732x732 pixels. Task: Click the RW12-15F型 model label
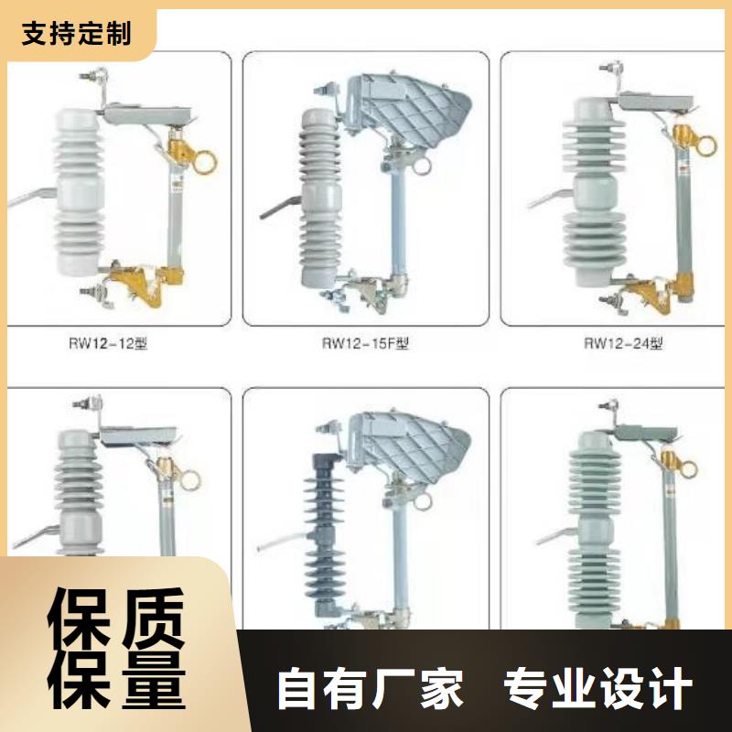tap(364, 345)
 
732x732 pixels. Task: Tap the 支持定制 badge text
tap(77, 35)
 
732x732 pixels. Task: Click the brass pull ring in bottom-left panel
tap(193, 479)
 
